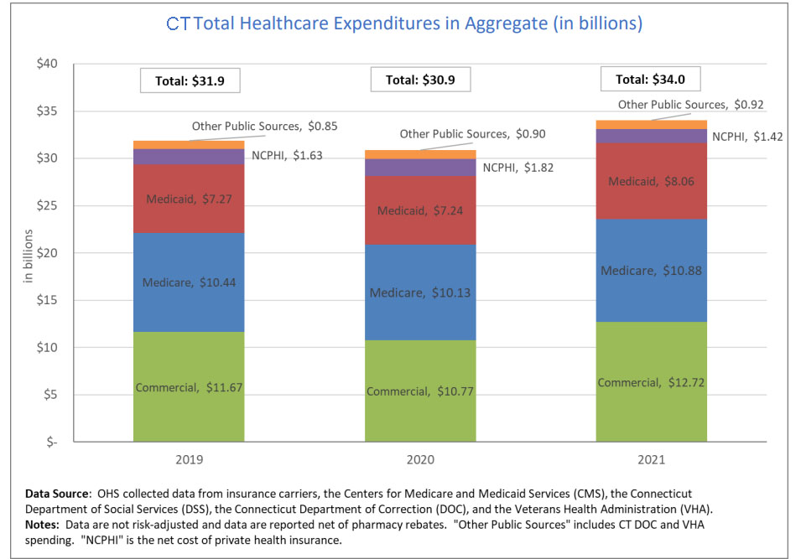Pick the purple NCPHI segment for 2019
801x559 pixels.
[189, 157]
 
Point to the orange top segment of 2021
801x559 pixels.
[651, 124]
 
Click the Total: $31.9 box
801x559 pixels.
[190, 81]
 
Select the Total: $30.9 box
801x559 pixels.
[420, 80]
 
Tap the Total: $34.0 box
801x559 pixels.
[651, 80]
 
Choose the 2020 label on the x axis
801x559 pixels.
[419, 460]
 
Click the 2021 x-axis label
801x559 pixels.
[651, 460]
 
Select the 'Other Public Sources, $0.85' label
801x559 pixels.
[257, 127]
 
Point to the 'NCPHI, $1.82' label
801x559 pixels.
[518, 167]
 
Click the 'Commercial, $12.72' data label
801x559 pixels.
[651, 383]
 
